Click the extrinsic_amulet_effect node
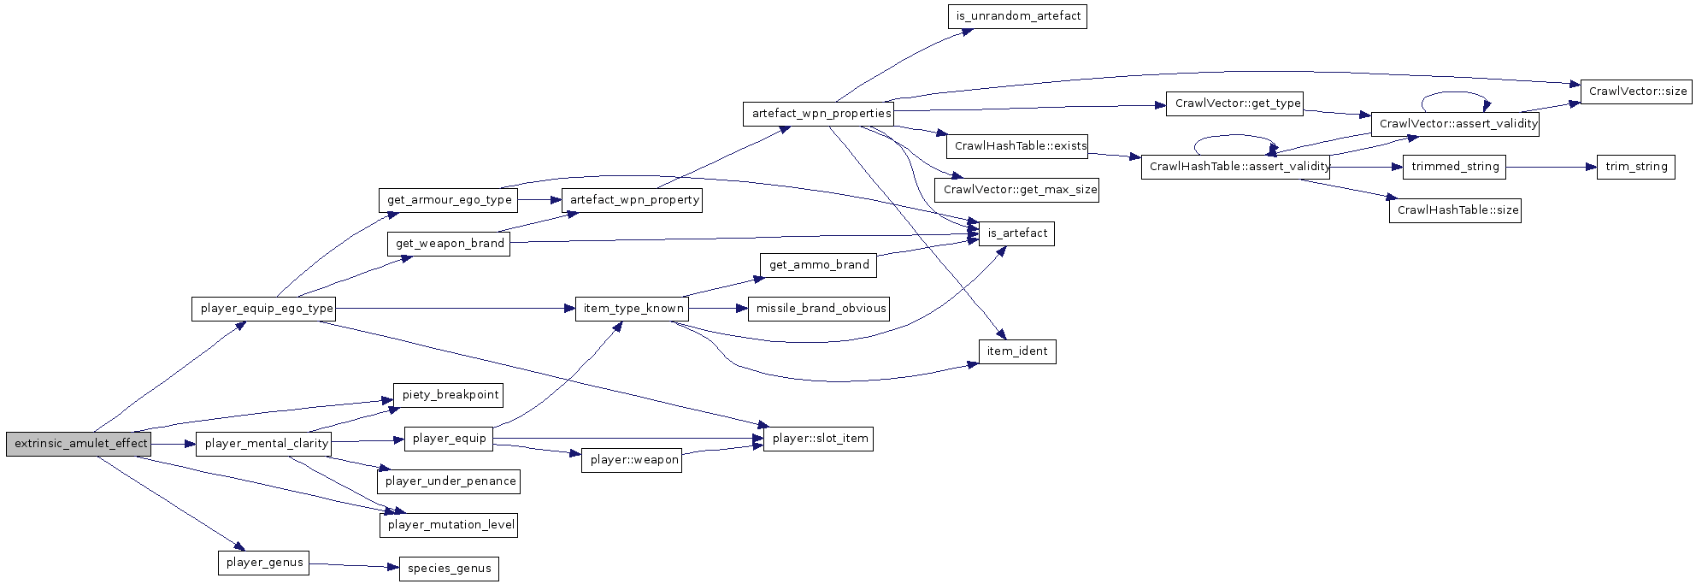point(79,444)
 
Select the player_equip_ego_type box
point(263,309)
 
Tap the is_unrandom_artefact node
point(1016,16)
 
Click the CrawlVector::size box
point(1636,91)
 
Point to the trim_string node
point(1635,167)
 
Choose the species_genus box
point(449,569)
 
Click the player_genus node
point(263,563)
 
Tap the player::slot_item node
point(818,439)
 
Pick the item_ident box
point(1017,351)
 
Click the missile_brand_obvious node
point(819,309)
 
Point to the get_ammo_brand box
point(818,265)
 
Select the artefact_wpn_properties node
point(818,114)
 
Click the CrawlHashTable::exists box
point(1019,146)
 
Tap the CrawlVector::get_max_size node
point(1017,190)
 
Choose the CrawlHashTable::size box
point(1455,210)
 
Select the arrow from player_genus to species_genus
point(353,565)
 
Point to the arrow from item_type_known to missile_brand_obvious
point(717,309)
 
